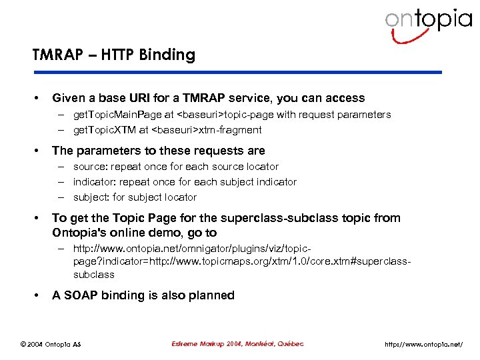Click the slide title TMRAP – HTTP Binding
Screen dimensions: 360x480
(113, 55)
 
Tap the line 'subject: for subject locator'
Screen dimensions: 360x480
(135, 197)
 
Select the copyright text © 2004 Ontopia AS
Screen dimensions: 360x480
(51, 344)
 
